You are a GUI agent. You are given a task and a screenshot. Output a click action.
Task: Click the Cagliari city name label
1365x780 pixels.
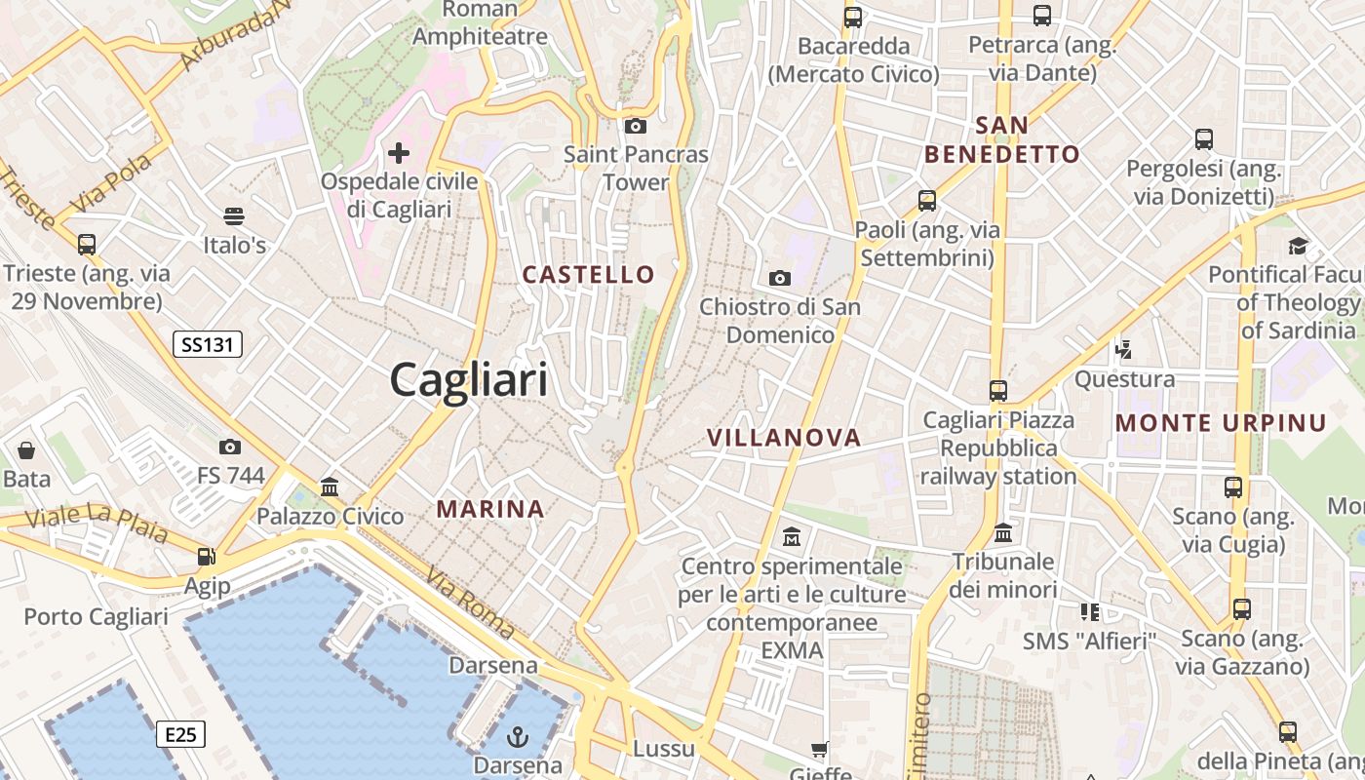tap(469, 378)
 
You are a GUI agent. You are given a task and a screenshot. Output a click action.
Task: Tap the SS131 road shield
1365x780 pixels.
tap(207, 343)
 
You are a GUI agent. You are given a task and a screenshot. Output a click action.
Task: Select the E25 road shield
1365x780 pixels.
tap(180, 734)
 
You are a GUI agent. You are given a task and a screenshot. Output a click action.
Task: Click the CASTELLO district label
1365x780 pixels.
tap(588, 275)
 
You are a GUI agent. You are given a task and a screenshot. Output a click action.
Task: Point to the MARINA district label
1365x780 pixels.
tap(489, 509)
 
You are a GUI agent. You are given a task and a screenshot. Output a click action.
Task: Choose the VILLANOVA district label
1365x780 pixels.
tap(784, 438)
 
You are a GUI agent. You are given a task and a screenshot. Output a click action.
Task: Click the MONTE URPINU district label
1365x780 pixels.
tap(1221, 423)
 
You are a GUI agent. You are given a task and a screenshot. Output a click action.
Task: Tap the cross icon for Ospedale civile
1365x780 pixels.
tap(398, 153)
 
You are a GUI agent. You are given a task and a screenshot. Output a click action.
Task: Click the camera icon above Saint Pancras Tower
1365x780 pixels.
tap(636, 126)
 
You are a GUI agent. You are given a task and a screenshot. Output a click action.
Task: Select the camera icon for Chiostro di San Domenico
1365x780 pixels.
tap(779, 279)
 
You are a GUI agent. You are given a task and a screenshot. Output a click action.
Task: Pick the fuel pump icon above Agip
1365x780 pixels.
tap(206, 557)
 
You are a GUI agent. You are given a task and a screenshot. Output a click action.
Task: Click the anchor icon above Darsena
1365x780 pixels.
tap(518, 737)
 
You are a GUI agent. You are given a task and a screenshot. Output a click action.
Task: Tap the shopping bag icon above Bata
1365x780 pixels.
tap(26, 450)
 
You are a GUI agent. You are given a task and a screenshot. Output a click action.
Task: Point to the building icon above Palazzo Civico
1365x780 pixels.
tap(330, 487)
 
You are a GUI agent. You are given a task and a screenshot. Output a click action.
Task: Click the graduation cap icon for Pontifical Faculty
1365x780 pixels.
tap(1298, 246)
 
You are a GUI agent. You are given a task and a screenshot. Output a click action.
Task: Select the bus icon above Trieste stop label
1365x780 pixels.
tap(87, 244)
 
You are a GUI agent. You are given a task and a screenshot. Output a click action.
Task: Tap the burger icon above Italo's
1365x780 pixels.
tap(234, 215)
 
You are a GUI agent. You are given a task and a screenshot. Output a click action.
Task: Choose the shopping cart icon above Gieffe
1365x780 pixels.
tap(820, 749)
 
